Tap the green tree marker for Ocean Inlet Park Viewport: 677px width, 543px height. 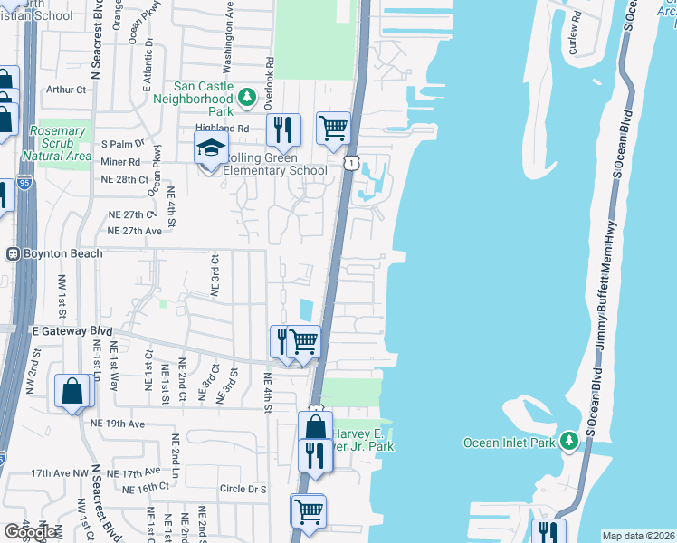pyautogui.click(x=568, y=442)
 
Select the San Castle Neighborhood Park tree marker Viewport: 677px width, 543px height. pyautogui.click(x=246, y=97)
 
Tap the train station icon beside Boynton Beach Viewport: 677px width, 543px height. pyautogui.click(x=14, y=253)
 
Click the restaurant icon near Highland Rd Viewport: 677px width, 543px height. pyautogui.click(x=283, y=130)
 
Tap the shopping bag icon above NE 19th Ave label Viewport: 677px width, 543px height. pyautogui.click(x=72, y=392)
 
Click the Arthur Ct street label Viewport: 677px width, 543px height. pyautogui.click(x=66, y=90)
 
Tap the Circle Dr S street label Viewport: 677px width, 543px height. pyautogui.click(x=243, y=489)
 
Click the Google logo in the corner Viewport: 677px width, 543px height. pyautogui.click(x=31, y=532)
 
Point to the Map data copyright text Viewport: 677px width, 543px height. pyautogui.click(x=638, y=536)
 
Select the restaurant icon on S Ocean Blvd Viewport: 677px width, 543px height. pyautogui.click(x=548, y=532)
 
